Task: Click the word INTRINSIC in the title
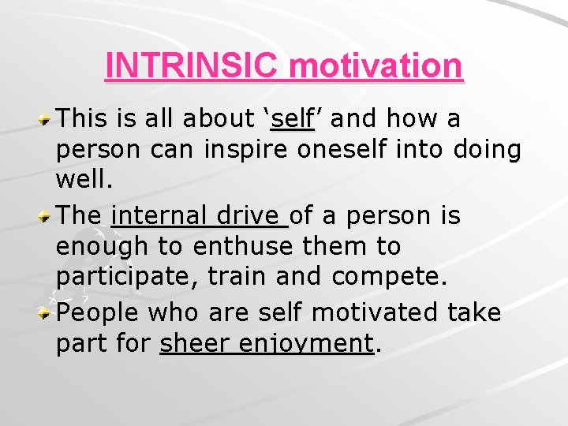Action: point(192,66)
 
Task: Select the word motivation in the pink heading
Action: point(376,66)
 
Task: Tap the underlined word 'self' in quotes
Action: point(292,119)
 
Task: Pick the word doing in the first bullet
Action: point(488,151)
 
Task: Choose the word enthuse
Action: point(234,247)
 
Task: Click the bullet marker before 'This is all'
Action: point(47,121)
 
